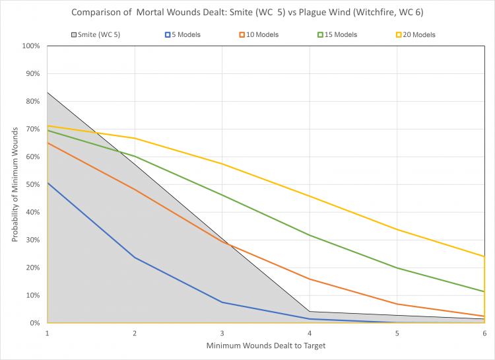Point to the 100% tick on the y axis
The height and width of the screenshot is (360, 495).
pos(32,46)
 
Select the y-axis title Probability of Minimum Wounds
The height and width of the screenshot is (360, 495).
pos(14,185)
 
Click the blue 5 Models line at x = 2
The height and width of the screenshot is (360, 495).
pos(135,258)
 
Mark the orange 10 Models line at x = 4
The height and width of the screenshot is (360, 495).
pos(310,279)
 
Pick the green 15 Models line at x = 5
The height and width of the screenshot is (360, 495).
pos(397,268)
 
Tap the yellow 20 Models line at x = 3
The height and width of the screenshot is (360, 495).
pos(222,164)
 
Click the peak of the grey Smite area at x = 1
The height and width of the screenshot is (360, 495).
pos(48,92)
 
